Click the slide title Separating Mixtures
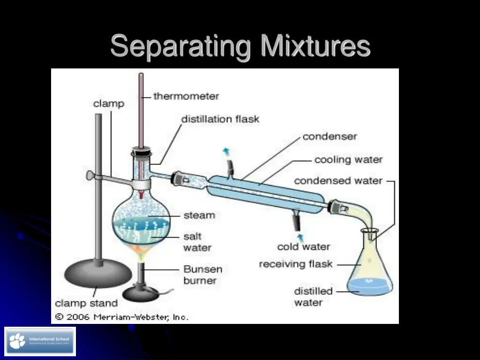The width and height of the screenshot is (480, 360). tap(240, 47)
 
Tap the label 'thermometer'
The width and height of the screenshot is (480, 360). tap(186, 97)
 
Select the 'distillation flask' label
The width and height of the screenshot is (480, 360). tap(220, 119)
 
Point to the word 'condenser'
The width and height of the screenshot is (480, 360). tap(330, 137)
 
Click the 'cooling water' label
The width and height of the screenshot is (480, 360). tap(348, 160)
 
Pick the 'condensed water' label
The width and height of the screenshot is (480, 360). tap(338, 181)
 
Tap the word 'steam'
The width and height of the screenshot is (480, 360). tap(199, 216)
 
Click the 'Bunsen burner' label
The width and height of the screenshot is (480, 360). tap(202, 275)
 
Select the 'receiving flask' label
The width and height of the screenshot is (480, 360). tap(295, 264)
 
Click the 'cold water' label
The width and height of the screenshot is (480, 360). tap(303, 247)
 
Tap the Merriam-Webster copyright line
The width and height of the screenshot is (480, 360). tap(122, 317)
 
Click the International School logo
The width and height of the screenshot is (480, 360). tap(40, 341)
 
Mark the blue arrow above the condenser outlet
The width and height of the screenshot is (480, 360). tap(226, 151)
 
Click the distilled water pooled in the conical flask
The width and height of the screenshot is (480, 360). tap(369, 285)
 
